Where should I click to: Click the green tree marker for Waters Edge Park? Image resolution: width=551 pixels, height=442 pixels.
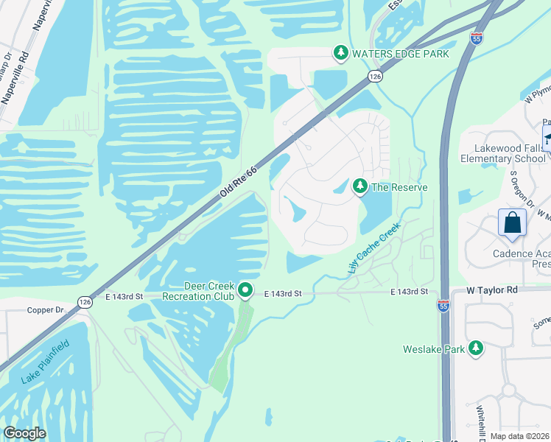(340, 53)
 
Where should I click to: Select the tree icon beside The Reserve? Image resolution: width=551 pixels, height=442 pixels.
(360, 187)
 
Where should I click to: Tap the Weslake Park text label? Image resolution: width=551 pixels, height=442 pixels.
(434, 349)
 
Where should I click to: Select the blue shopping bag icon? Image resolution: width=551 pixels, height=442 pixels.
(512, 223)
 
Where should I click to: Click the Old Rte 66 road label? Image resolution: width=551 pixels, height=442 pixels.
(239, 181)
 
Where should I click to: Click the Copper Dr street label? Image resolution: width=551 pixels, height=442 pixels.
(45, 311)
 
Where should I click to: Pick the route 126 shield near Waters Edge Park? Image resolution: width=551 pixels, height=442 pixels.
(375, 76)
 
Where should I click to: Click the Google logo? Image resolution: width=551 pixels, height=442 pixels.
(24, 433)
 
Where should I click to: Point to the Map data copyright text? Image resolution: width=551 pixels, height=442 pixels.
(519, 436)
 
